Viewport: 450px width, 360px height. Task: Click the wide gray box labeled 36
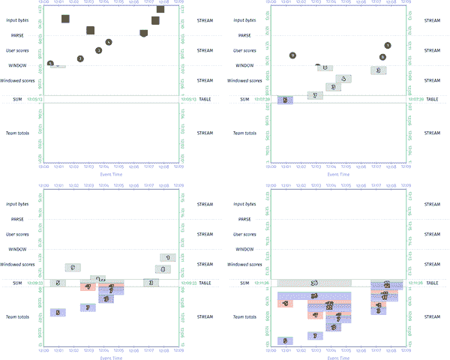[314, 283]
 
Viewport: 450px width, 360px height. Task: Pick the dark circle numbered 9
[292, 56]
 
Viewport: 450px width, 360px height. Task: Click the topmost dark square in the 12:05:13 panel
[160, 9]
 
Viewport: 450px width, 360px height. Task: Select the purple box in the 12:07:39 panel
[285, 100]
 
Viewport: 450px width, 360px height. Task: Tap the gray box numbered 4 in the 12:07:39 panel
[343, 78]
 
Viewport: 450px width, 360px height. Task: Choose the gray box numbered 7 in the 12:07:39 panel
[316, 95]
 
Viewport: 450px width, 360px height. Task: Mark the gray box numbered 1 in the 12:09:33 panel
[169, 257]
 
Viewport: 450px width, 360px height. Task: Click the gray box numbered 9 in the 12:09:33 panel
[73, 267]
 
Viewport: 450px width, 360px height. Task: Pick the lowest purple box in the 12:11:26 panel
[285, 340]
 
